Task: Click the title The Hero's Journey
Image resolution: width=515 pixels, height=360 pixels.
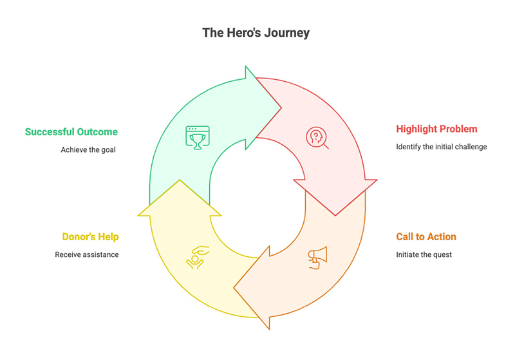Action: (256, 33)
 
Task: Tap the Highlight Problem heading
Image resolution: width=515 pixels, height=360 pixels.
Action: (436, 129)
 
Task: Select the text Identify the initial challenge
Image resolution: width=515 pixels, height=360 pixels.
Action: (441, 147)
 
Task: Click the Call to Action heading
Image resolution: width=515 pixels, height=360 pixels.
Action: (426, 236)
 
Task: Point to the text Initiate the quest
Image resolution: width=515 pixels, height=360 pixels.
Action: (424, 254)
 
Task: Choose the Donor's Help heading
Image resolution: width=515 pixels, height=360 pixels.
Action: (90, 236)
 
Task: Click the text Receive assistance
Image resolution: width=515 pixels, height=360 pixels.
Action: (87, 254)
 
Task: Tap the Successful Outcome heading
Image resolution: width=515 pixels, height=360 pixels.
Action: (71, 132)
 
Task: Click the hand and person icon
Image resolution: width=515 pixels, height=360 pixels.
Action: (197, 256)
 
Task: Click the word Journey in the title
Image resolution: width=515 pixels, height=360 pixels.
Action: (285, 33)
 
